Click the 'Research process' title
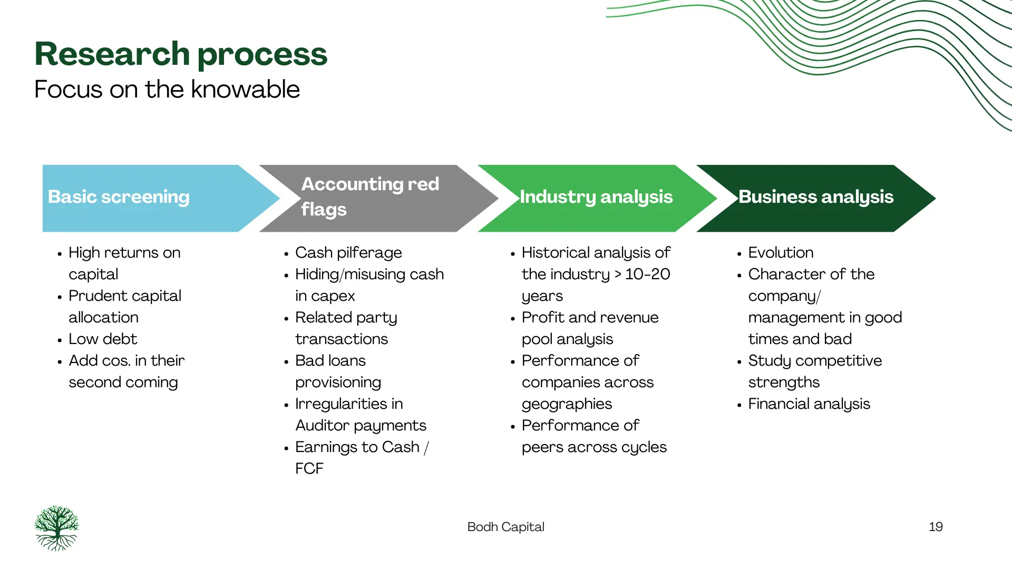point(181,54)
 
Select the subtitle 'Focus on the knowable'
point(167,89)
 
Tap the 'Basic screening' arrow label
point(119,197)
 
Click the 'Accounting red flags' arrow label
point(370,197)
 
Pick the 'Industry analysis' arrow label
point(596,197)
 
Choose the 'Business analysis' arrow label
point(816,197)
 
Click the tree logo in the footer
point(57,528)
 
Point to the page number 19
point(936,527)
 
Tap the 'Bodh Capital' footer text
point(505,527)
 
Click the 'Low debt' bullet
point(103,339)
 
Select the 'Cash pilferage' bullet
point(348,253)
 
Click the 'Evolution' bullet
point(781,253)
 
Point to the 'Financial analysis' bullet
point(809,404)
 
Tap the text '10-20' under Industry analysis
point(647,274)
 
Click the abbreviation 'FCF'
point(309,468)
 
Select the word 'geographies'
point(567,404)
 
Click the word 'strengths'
point(784,382)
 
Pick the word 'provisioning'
point(338,382)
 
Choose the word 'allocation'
point(103,318)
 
